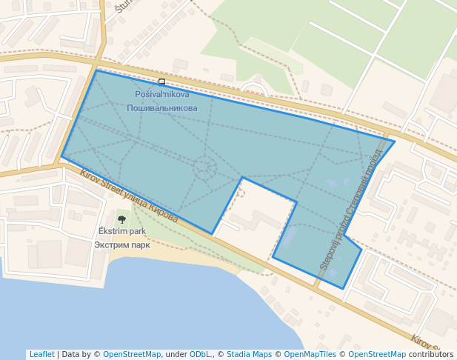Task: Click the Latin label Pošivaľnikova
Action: tap(162, 94)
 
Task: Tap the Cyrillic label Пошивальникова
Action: tap(162, 108)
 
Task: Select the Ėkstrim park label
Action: tap(122, 231)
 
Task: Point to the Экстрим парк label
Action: tap(122, 244)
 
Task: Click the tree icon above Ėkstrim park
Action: tap(121, 219)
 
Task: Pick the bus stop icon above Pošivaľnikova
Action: tap(161, 81)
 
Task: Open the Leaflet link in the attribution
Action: tap(41, 354)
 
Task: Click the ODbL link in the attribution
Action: tap(200, 354)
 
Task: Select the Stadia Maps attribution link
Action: tap(249, 354)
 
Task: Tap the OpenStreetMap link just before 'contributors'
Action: tap(378, 354)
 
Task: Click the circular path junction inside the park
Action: tap(205, 168)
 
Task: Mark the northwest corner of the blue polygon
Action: tap(96, 70)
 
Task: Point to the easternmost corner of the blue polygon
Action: tap(394, 141)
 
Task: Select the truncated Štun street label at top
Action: tap(121, 7)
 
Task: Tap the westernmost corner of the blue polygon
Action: tap(62, 156)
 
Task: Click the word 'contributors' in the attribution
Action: tap(431, 354)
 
